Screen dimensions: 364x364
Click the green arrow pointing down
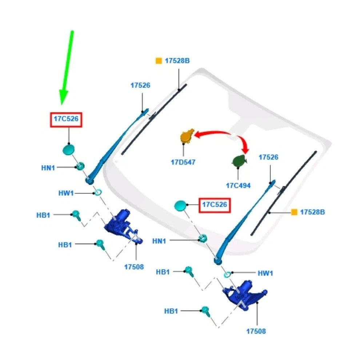pos(67,67)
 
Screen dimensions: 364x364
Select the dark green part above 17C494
pos(239,161)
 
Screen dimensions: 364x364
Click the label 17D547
pos(183,162)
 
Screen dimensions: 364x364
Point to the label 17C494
pos(238,185)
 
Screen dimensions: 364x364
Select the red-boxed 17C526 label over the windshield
pos(215,205)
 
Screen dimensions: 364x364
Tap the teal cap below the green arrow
pos(68,149)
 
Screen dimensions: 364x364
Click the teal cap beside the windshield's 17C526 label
pos(180,206)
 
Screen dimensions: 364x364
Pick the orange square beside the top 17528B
pos(159,61)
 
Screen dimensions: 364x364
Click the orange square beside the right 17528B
pos(294,212)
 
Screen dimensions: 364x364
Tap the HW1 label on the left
pos(66,193)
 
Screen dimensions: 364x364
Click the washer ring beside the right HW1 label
pos(228,275)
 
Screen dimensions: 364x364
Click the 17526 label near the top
pos(140,85)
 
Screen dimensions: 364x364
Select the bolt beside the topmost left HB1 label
pos(76,216)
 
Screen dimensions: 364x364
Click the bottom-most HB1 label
pos(171,311)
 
